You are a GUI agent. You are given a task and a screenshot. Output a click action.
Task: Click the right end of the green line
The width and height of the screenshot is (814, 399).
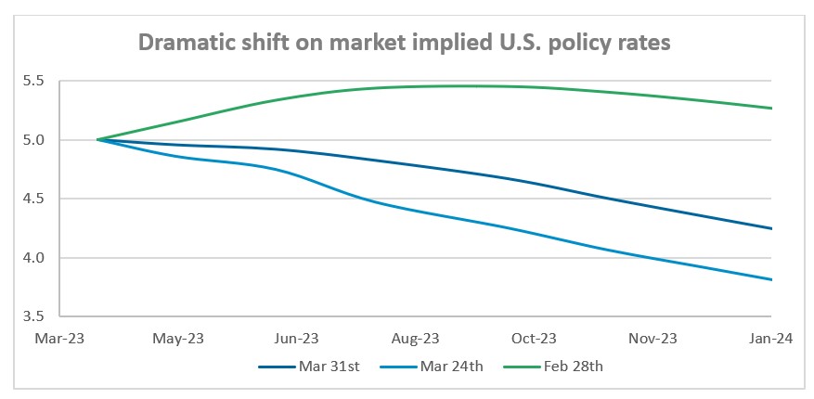[x=772, y=109]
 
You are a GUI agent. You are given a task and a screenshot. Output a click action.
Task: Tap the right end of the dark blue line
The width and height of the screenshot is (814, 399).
[x=772, y=228]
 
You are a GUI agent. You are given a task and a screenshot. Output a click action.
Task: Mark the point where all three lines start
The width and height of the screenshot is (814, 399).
[x=97, y=140]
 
